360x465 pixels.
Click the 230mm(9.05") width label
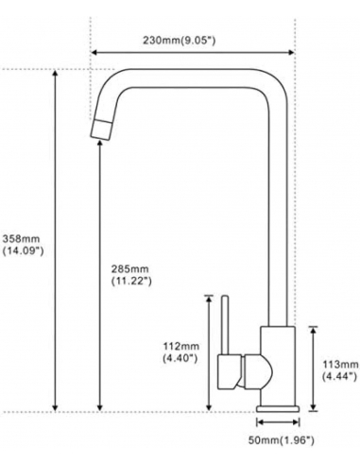coord(180,41)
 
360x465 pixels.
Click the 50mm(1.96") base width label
coord(281,440)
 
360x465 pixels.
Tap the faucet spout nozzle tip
coord(101,129)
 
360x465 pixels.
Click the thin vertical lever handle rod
coord(225,324)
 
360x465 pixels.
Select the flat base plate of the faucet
coord(278,409)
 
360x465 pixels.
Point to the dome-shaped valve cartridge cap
coord(258,371)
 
